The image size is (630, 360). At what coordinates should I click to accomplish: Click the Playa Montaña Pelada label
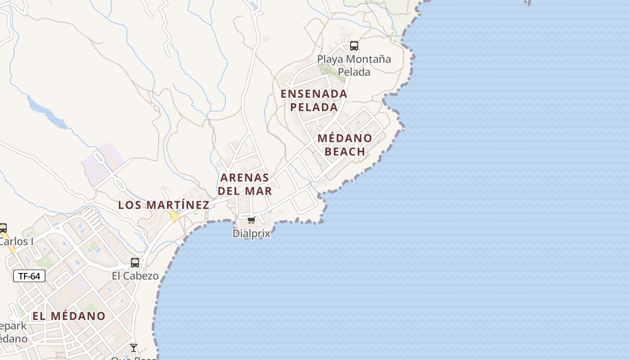click(x=354, y=65)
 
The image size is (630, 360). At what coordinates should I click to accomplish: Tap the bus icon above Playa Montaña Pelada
click(x=354, y=45)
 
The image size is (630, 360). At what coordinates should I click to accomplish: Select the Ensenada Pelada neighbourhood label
click(x=314, y=100)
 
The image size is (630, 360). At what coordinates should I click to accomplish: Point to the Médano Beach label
click(x=345, y=144)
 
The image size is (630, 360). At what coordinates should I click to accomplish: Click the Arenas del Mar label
click(x=245, y=184)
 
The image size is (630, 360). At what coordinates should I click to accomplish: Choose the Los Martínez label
click(x=164, y=205)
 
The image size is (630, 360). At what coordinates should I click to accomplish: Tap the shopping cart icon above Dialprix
click(x=251, y=220)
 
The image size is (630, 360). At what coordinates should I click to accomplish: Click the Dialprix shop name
click(x=252, y=234)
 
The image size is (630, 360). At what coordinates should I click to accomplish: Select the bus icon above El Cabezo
click(x=135, y=263)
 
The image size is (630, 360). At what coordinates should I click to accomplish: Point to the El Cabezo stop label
click(x=135, y=276)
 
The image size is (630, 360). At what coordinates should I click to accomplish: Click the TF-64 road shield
click(x=29, y=276)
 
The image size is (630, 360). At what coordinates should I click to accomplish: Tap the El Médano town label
click(x=69, y=316)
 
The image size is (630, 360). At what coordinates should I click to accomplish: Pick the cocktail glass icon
click(x=134, y=347)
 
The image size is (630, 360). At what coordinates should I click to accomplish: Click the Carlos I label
click(x=16, y=241)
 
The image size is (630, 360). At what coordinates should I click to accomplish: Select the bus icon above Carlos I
click(x=3, y=228)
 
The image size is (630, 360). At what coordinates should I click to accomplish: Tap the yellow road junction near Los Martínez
click(x=175, y=217)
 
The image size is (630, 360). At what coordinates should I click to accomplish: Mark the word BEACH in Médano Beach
click(x=345, y=151)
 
